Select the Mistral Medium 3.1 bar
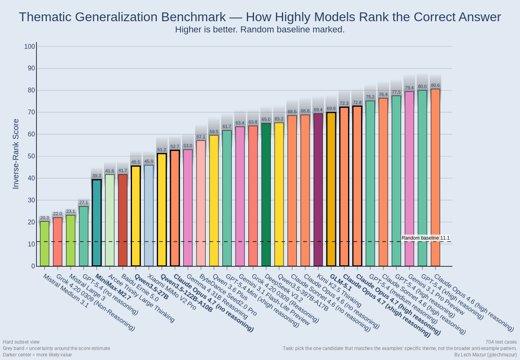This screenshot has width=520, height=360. click(45, 244)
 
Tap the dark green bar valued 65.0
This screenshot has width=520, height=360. click(266, 194)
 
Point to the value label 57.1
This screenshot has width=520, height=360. click(201, 137)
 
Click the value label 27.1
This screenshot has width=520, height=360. click(84, 202)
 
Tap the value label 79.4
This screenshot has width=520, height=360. click(409, 88)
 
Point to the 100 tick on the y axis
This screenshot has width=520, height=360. click(30, 46)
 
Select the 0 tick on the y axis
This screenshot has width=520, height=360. click(33, 266)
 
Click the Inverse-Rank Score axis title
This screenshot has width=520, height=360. click(16, 154)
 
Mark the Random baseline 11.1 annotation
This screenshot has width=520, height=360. click(426, 238)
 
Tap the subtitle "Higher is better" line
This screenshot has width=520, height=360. click(260, 30)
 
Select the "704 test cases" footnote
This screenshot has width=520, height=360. click(501, 342)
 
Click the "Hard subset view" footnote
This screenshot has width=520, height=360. click(21, 342)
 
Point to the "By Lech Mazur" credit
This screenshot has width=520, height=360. click(486, 354)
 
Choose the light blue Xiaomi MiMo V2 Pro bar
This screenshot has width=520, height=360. click(149, 216)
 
